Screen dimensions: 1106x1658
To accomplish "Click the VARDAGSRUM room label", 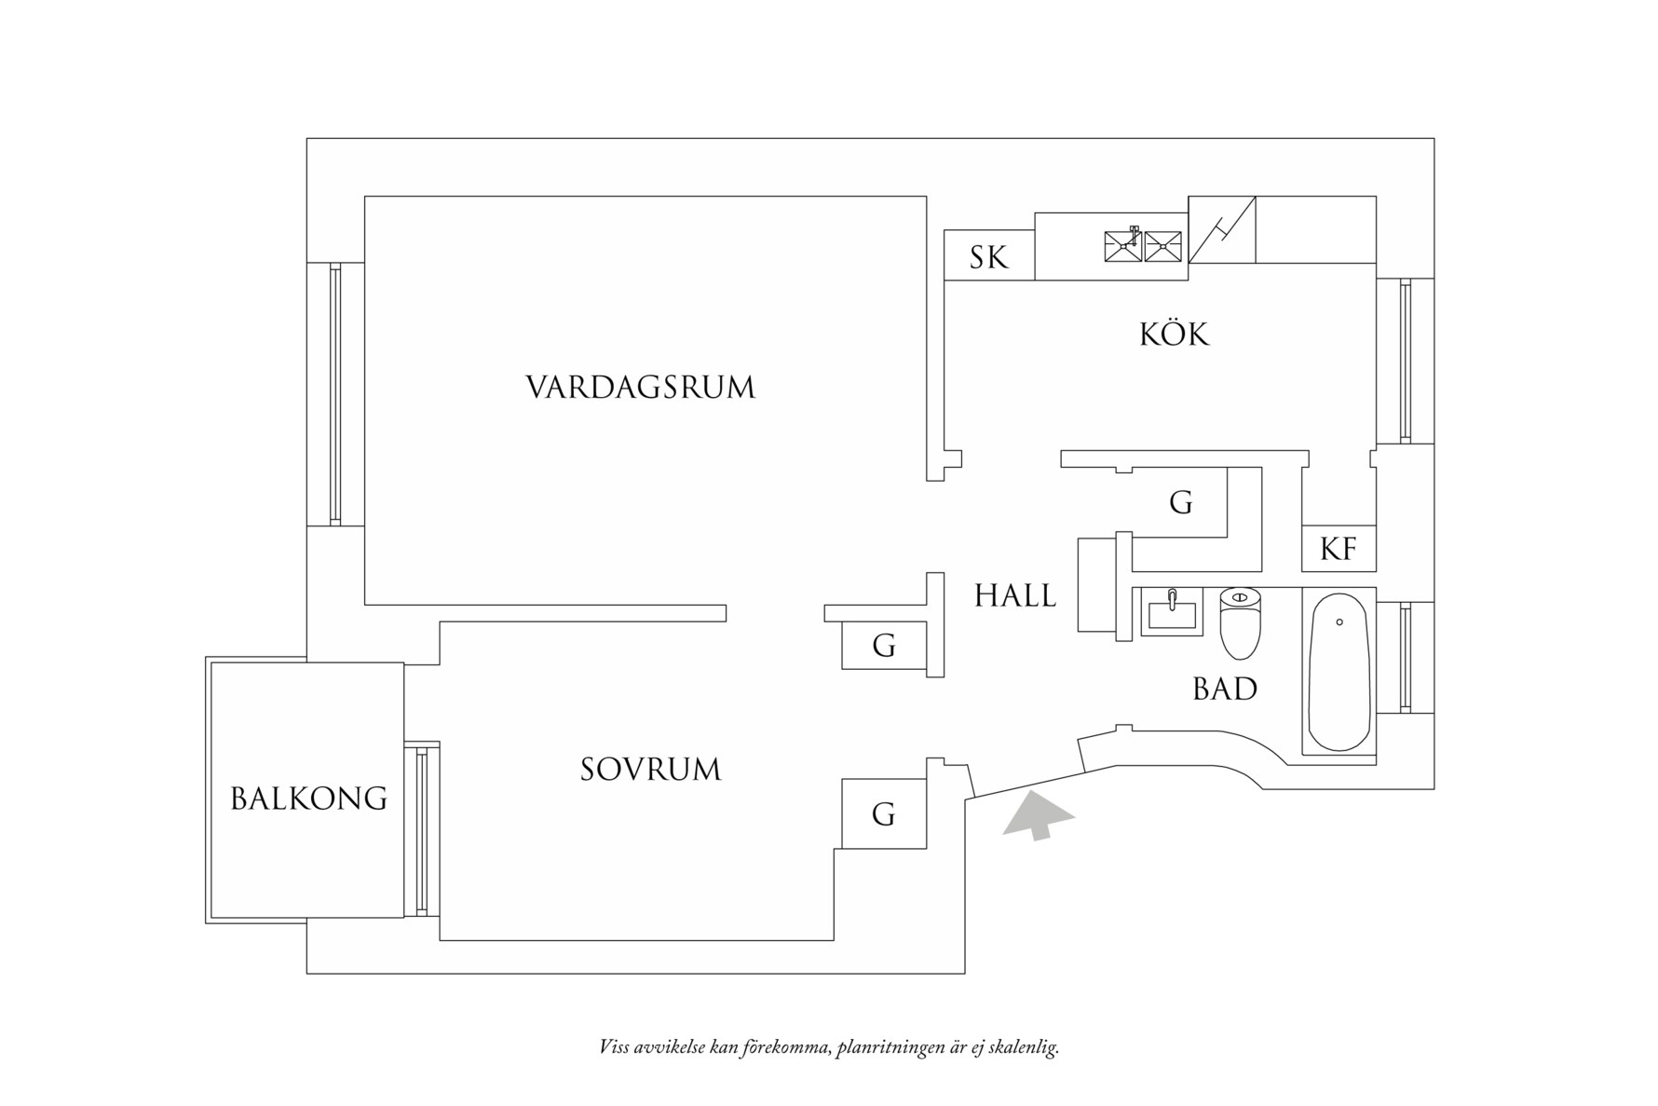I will point(640,388).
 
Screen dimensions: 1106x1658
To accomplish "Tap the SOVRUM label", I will point(650,770).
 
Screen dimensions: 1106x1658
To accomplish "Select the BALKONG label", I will point(308,799).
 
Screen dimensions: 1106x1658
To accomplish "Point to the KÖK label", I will point(1174,335).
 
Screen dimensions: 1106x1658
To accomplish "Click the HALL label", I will point(1015,595).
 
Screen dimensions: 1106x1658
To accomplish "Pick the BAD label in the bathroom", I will point(1225,690).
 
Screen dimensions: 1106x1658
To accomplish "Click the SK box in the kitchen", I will point(988,257).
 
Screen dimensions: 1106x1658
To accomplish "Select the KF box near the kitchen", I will point(1339,550).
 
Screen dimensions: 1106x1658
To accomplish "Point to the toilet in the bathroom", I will point(1240,621).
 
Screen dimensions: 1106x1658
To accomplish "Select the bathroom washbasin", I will point(1173,612).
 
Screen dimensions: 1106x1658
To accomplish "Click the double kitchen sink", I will point(1142,247).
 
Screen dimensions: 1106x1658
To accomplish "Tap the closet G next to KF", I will point(1180,504).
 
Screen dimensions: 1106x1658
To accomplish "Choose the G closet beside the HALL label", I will point(883,645).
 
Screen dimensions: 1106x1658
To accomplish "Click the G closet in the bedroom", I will point(883,814).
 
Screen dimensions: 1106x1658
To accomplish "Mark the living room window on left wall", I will point(335,394).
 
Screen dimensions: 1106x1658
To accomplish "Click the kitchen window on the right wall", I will point(1405,362).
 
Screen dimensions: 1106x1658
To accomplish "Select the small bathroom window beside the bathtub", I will point(1405,657).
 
